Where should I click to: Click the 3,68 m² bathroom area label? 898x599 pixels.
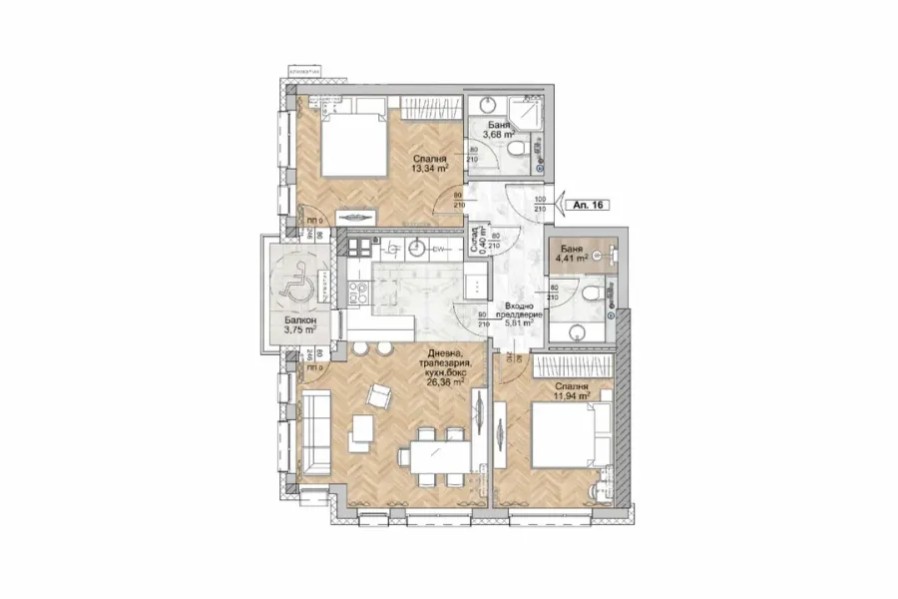498,134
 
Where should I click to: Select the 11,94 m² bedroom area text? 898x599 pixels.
564,395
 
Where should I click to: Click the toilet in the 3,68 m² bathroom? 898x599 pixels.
517,151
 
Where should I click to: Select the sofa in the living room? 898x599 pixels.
316,433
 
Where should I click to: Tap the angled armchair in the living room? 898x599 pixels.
380,396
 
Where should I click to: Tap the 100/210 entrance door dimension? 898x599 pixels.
541,205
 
